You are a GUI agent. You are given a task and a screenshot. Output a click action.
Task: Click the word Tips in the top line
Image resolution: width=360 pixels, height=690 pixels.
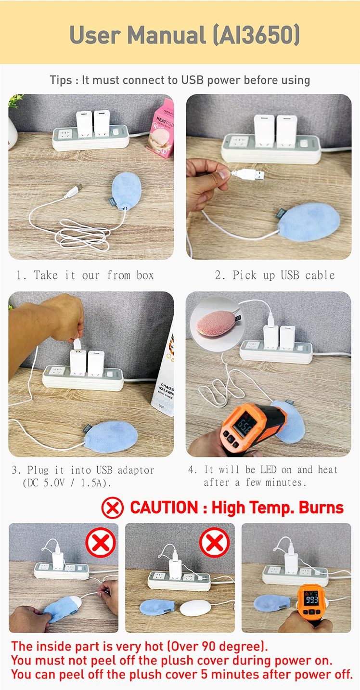pyautogui.click(x=61, y=80)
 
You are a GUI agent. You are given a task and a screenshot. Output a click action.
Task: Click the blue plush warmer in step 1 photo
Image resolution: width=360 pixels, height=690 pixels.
pyautogui.click(x=126, y=191)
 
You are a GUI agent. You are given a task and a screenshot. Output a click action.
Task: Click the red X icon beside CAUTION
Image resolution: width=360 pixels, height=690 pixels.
pyautogui.click(x=112, y=508)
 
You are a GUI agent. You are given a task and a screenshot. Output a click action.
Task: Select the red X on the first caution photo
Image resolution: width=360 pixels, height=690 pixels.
pyautogui.click(x=100, y=542)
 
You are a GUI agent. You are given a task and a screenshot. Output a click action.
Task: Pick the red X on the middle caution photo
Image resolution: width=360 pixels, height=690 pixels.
pyautogui.click(x=214, y=542)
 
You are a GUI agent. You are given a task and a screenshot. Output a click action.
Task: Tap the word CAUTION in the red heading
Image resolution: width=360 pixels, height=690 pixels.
pyautogui.click(x=164, y=508)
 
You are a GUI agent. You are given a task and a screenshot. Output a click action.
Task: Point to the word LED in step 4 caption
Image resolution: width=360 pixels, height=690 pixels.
pyautogui.click(x=268, y=469)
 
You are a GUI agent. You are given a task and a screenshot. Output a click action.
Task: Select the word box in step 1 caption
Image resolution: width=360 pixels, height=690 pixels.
pyautogui.click(x=145, y=275)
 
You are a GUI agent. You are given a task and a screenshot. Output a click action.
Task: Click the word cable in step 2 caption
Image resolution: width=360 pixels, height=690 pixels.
pyautogui.click(x=320, y=275)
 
